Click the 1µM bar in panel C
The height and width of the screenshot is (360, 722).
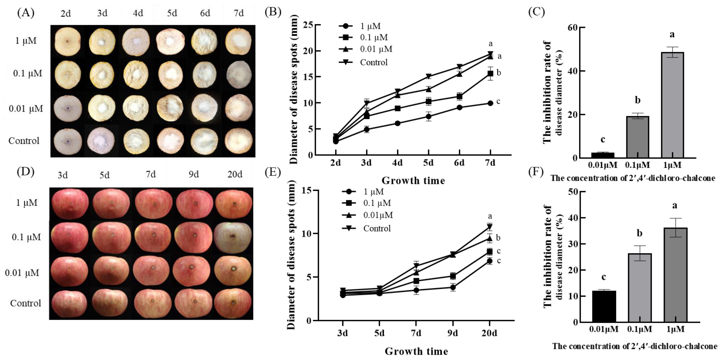(x=672, y=105)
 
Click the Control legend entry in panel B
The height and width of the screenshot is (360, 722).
(x=374, y=62)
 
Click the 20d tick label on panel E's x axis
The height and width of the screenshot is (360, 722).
(x=489, y=333)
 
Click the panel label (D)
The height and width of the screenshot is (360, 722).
(x=26, y=172)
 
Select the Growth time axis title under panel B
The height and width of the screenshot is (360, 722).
(x=413, y=181)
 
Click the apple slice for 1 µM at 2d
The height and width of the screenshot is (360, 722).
(x=67, y=41)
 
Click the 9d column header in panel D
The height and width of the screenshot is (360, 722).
(x=194, y=175)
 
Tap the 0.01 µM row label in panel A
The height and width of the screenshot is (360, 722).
(x=26, y=109)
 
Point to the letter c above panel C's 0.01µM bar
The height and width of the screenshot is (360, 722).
(x=603, y=139)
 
